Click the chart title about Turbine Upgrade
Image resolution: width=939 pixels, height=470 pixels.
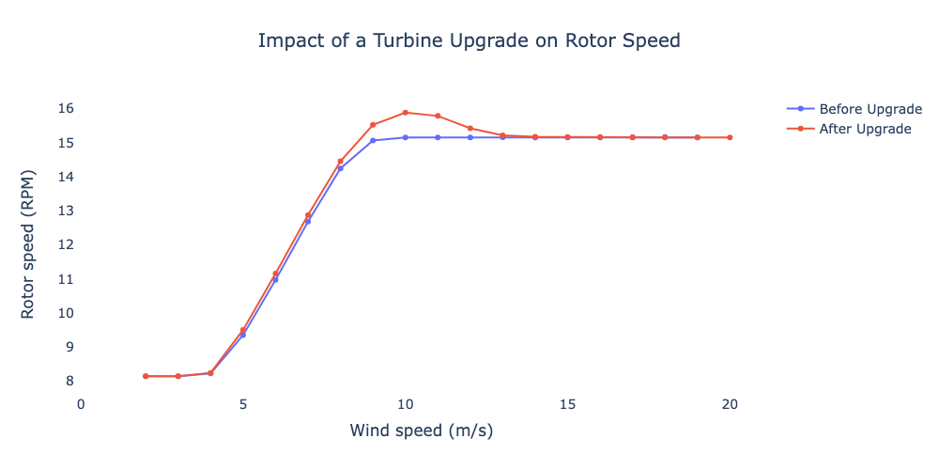469,41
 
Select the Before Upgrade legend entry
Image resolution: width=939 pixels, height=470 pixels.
870,108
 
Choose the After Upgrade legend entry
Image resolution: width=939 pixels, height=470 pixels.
865,129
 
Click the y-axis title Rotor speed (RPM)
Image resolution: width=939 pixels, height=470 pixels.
28,244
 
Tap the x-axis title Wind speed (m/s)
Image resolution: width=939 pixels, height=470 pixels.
422,431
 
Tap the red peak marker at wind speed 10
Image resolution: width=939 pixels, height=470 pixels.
406,112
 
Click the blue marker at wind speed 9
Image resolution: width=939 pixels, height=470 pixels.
373,140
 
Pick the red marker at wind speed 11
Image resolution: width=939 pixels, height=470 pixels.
438,116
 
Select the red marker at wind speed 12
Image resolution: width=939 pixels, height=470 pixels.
470,129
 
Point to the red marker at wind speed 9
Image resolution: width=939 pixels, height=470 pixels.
373,125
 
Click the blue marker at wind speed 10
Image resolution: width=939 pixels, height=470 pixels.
406,137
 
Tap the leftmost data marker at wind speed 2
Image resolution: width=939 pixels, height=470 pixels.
146,376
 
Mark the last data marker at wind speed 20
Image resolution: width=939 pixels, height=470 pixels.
730,137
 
